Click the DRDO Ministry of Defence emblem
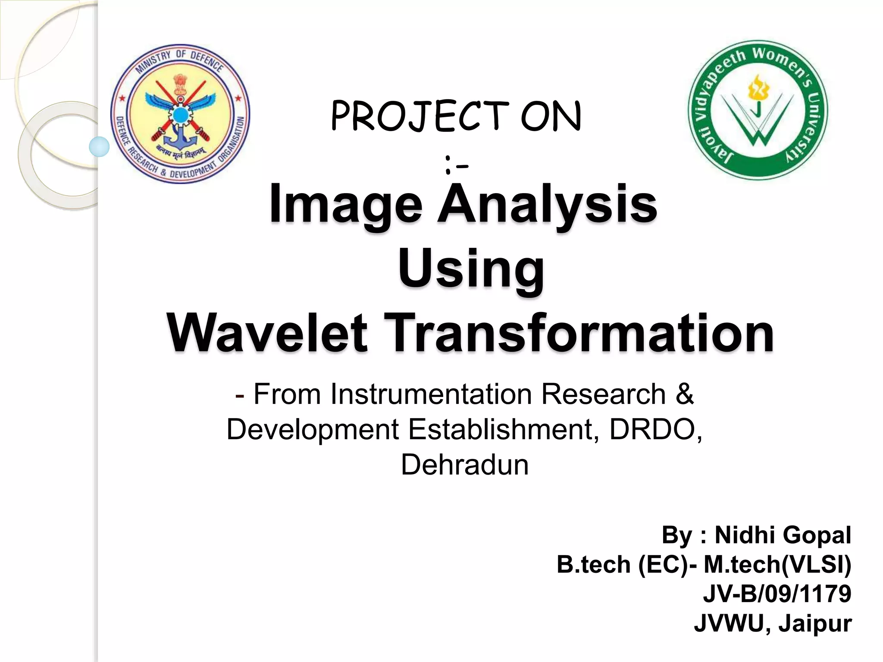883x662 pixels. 180,114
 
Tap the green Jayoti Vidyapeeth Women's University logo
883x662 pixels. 758,110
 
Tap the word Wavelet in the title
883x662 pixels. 267,333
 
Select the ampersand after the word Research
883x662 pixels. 685,394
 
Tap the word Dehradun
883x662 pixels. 464,465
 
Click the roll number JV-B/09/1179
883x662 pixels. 777,593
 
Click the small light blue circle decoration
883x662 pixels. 99,147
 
